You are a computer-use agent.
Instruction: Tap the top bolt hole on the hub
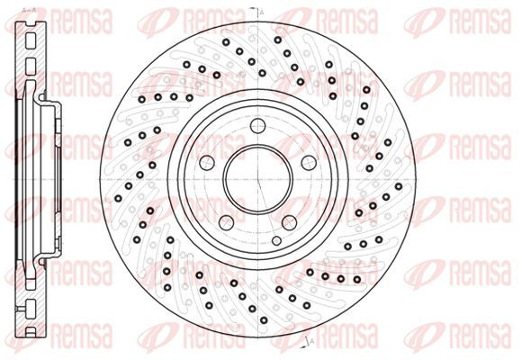258,126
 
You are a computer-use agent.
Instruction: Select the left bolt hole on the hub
207,163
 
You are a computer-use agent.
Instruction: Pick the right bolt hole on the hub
309,163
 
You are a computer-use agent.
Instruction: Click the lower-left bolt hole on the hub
227,222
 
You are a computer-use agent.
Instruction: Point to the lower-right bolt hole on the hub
289,222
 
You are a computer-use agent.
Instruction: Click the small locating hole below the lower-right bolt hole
276,240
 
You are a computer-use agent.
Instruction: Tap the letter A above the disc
262,13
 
